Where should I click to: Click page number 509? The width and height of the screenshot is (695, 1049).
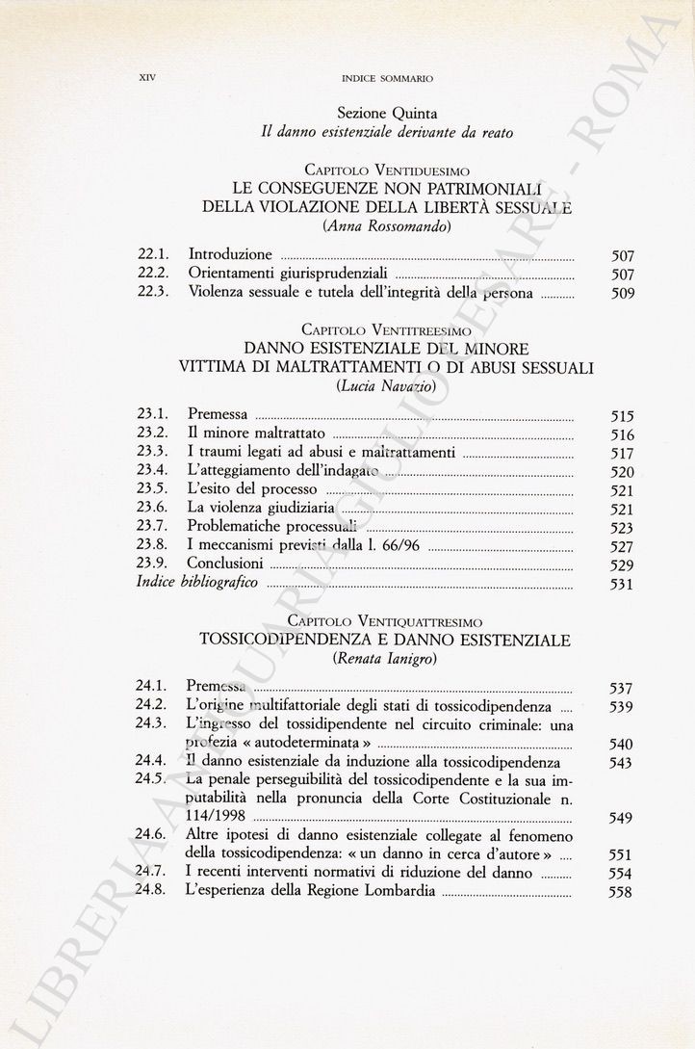(x=623, y=294)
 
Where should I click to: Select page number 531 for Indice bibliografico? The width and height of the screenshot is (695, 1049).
(x=623, y=586)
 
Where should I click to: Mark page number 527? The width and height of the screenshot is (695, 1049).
(x=623, y=547)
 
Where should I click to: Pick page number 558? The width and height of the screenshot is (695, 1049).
(x=622, y=893)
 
